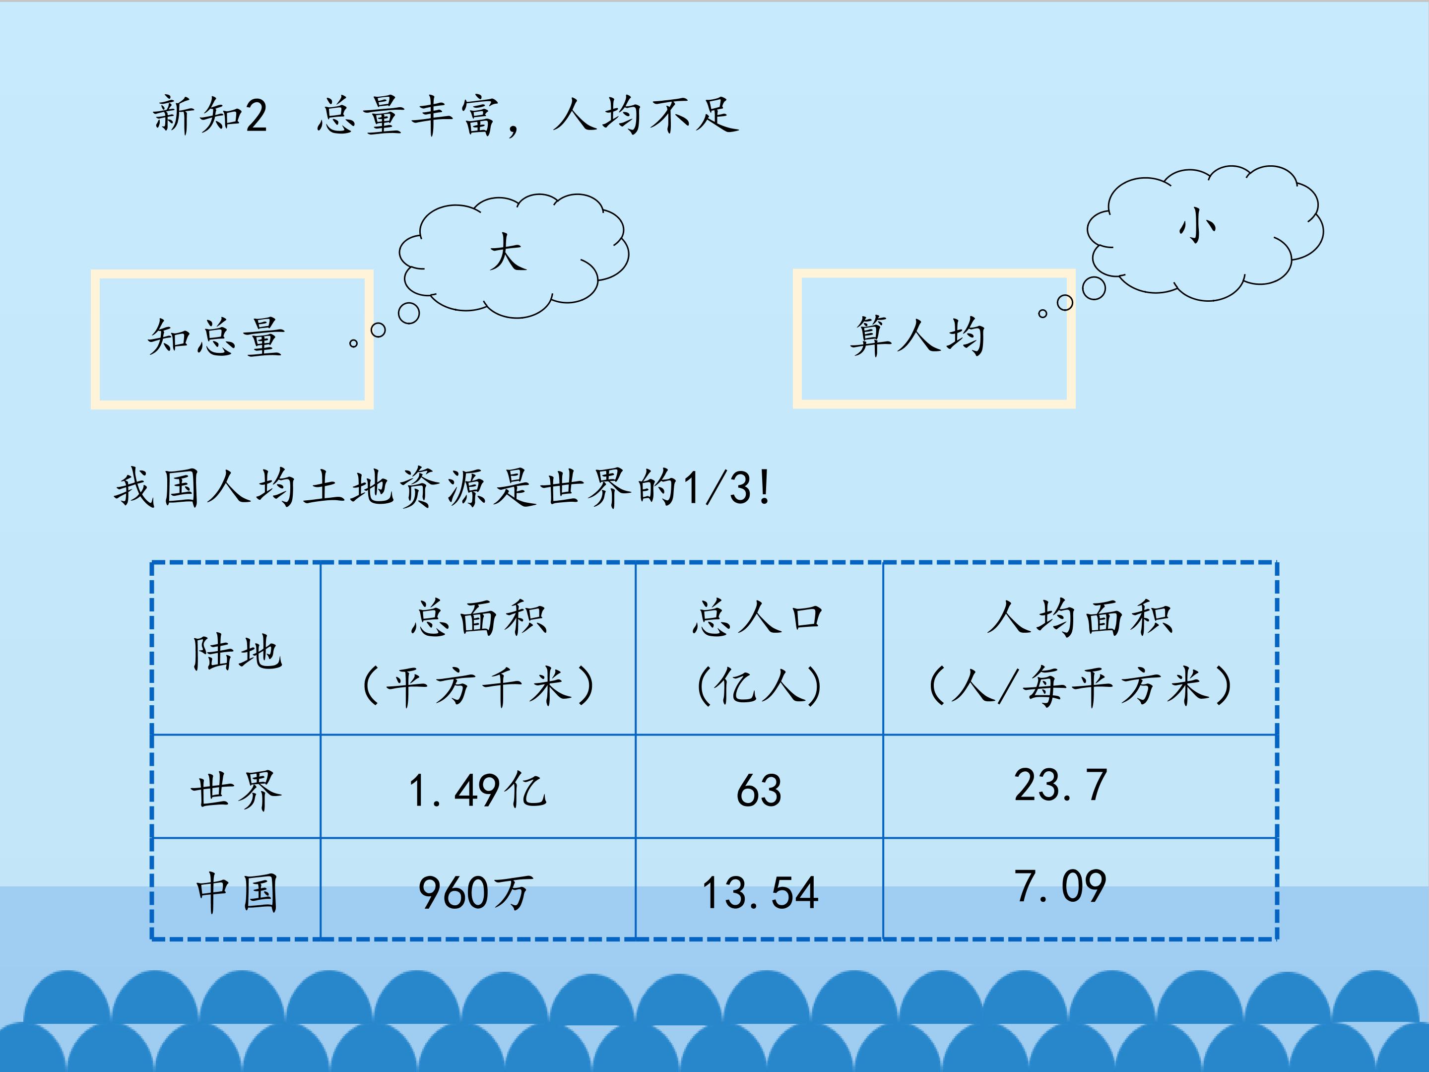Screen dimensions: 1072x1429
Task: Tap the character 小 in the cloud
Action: (x=1197, y=226)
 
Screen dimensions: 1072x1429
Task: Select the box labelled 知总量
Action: (x=232, y=339)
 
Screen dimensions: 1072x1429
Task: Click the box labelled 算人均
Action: (x=933, y=338)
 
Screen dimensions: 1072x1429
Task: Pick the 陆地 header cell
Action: (x=237, y=652)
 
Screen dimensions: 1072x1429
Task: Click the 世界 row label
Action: (x=237, y=789)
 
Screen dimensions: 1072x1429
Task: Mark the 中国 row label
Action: (x=237, y=892)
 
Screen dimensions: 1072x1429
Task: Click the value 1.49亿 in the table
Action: (x=478, y=790)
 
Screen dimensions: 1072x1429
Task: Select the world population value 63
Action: (x=759, y=790)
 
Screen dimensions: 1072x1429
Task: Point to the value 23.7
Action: (x=1060, y=786)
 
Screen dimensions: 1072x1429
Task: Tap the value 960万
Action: (x=476, y=893)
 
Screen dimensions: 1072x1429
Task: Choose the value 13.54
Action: (x=760, y=893)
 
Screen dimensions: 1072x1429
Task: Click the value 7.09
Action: (x=1060, y=886)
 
